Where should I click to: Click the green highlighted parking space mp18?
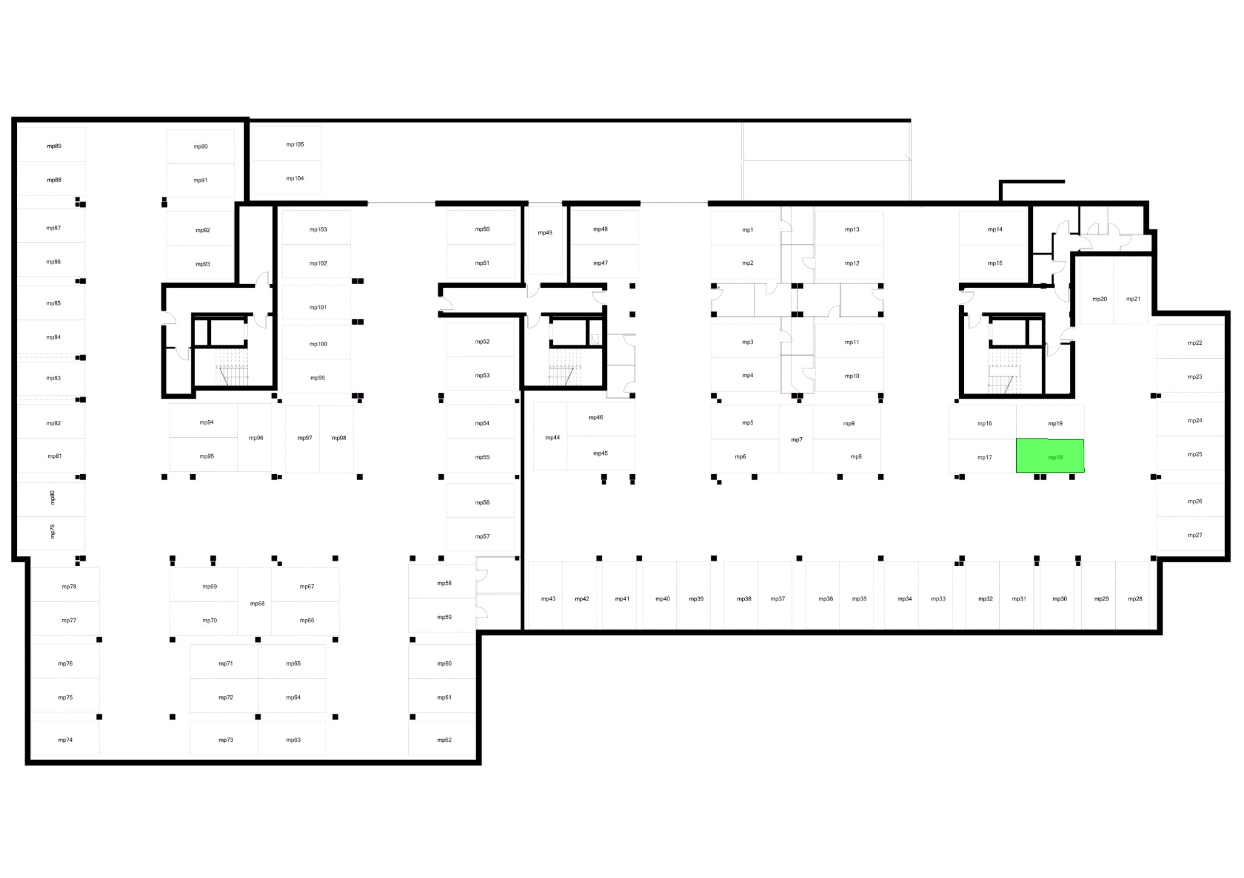1050,455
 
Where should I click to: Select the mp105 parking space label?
295,145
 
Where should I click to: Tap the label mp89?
54,146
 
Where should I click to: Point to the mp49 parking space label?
545,233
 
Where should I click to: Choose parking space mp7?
796,438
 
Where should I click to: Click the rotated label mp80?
52,497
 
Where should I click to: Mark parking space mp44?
550,436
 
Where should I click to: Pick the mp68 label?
258,604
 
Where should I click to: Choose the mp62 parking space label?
445,740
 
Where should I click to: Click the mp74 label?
66,740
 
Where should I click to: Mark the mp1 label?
748,230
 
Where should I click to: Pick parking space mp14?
993,228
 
